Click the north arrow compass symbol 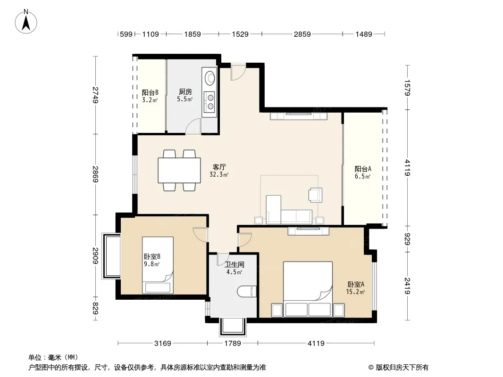coord(26,22)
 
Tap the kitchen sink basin coord(210,78)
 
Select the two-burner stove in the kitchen coord(210,101)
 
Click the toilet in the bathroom coord(247,291)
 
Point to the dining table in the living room coord(179,170)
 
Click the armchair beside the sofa coord(315,195)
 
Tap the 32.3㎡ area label coord(219,174)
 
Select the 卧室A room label coord(356,284)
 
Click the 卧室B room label coord(152,256)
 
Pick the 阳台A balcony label coord(363,169)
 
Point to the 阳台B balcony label coord(150,92)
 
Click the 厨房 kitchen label coord(185,92)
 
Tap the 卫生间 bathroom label coord(234,264)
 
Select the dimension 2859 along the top coord(302,34)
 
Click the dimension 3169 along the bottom coord(163,344)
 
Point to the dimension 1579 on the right coord(407,88)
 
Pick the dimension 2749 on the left coord(95,95)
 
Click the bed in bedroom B coord(158,265)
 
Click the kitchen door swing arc coord(193,125)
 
